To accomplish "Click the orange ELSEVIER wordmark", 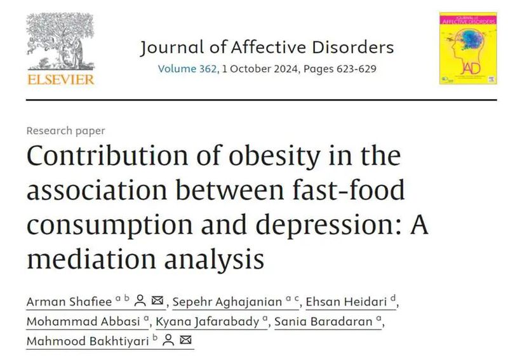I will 60,79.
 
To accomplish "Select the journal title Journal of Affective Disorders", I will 267,48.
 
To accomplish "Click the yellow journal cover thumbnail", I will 467,48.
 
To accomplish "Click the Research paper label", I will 65,131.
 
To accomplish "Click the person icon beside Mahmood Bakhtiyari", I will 169,341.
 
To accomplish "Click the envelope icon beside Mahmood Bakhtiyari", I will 186,341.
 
